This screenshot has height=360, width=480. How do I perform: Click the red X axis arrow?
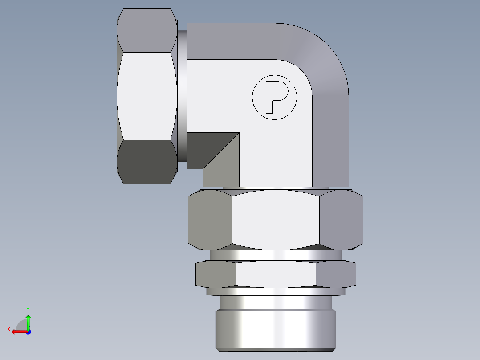[16, 331]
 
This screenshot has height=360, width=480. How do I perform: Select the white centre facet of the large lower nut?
[276, 218]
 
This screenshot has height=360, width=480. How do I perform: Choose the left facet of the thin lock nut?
[216, 274]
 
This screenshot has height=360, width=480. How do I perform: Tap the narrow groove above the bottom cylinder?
[275, 303]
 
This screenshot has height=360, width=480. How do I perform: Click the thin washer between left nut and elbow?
[182, 96]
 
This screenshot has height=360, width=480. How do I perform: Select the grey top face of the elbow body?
[232, 41]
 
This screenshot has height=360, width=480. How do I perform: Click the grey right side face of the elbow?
[330, 140]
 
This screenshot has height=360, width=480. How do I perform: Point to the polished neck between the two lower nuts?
[275, 255]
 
